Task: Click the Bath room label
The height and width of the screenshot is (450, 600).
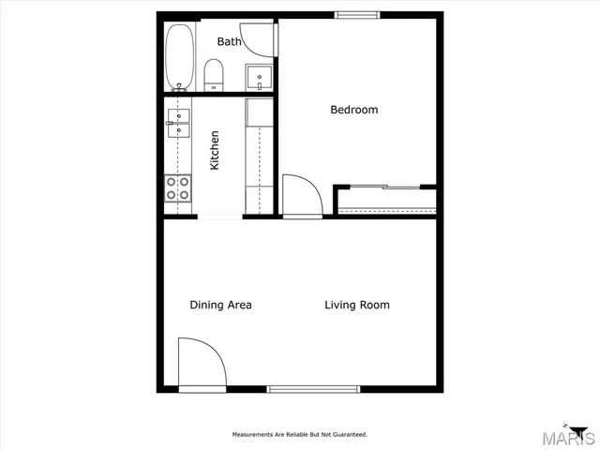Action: point(230,41)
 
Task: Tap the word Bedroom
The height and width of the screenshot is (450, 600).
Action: point(353,110)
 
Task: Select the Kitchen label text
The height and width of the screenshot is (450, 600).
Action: point(215,150)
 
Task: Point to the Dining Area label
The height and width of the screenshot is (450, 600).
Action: point(220,305)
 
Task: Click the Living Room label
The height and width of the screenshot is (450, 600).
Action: point(356,305)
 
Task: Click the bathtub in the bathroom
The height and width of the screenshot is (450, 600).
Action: point(179,56)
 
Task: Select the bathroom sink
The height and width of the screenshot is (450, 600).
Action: point(258,77)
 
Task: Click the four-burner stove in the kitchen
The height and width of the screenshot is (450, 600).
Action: point(178,188)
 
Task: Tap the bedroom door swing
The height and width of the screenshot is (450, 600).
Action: point(300,196)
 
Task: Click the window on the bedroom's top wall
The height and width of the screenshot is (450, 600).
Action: point(357,14)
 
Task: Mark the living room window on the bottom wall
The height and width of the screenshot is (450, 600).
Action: point(313,388)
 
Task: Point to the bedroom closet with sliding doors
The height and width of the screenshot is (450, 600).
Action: point(386,199)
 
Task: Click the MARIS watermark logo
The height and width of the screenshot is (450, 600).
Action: point(572,437)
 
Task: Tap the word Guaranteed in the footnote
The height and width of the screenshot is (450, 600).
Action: point(348,435)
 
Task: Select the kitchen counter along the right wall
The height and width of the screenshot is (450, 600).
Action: point(258,155)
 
